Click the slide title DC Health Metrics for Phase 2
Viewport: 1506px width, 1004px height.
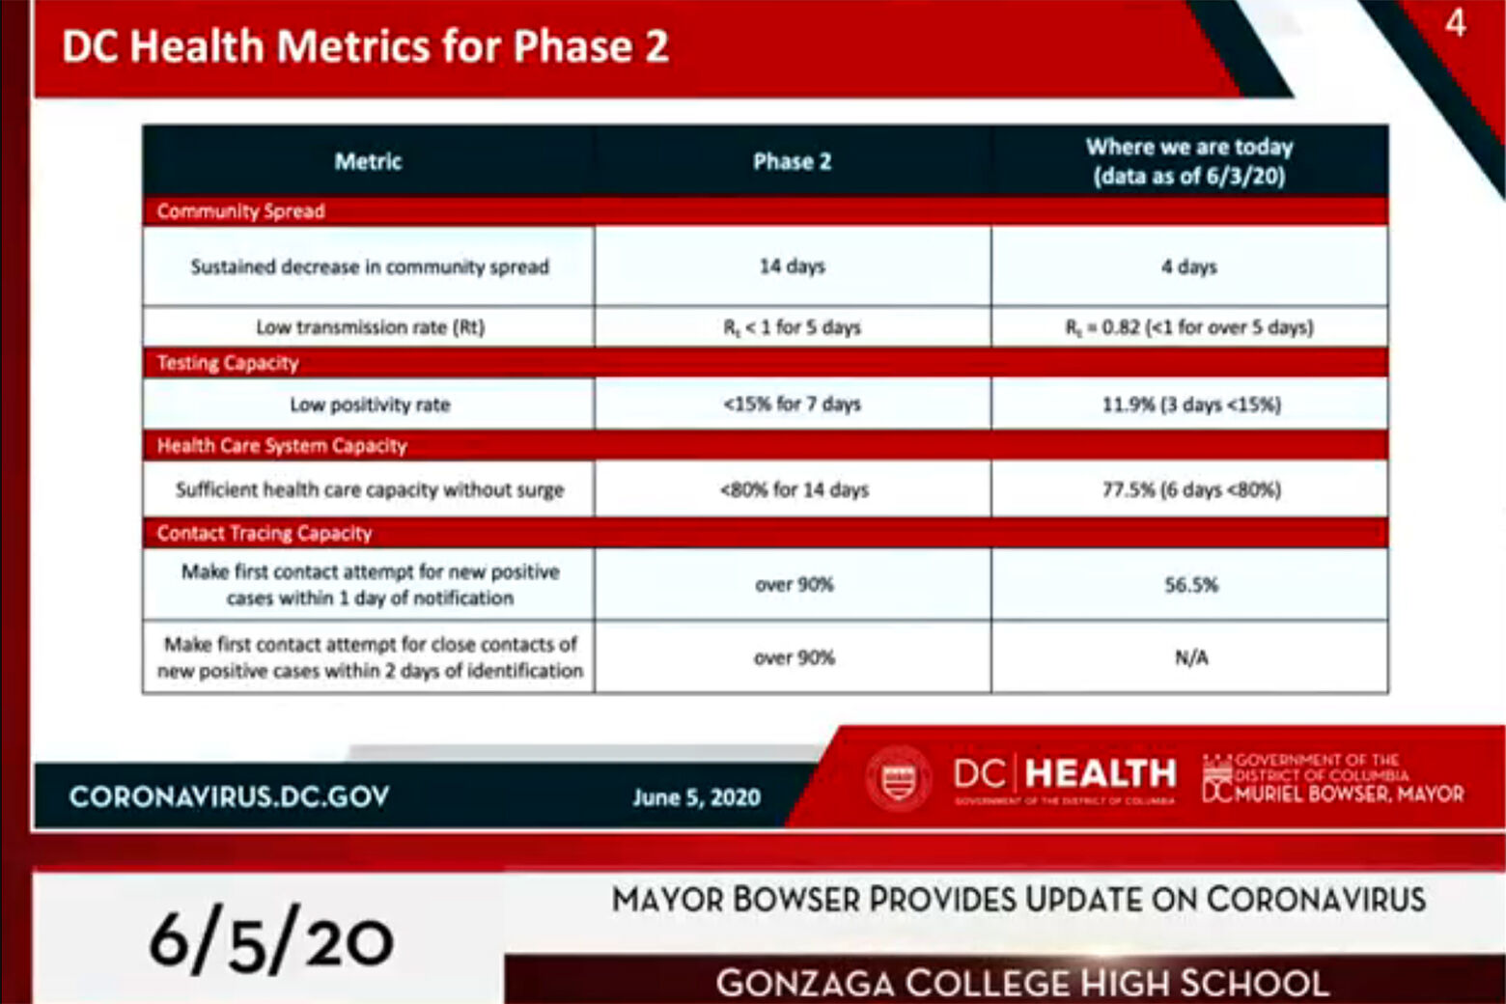pos(365,46)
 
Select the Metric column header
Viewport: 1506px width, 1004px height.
pos(368,161)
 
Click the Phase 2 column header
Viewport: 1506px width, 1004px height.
pos(792,161)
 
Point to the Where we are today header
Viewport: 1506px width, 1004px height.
pos(1189,161)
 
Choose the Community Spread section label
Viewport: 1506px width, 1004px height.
pos(240,211)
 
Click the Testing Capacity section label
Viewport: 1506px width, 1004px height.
pos(228,363)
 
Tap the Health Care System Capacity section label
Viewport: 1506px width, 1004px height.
pos(282,446)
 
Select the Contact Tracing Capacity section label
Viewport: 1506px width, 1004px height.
pos(265,533)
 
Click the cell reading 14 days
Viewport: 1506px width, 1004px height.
pos(792,266)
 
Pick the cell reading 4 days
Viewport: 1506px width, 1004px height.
pos(1189,266)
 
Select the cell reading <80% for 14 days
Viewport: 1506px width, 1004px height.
pos(794,489)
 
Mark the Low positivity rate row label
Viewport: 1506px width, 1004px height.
pos(370,404)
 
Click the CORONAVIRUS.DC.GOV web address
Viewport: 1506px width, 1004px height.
pos(230,796)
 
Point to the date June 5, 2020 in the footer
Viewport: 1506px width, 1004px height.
pos(696,797)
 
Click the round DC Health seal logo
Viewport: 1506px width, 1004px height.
pos(899,777)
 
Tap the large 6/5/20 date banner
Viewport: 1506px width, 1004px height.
pos(271,939)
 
